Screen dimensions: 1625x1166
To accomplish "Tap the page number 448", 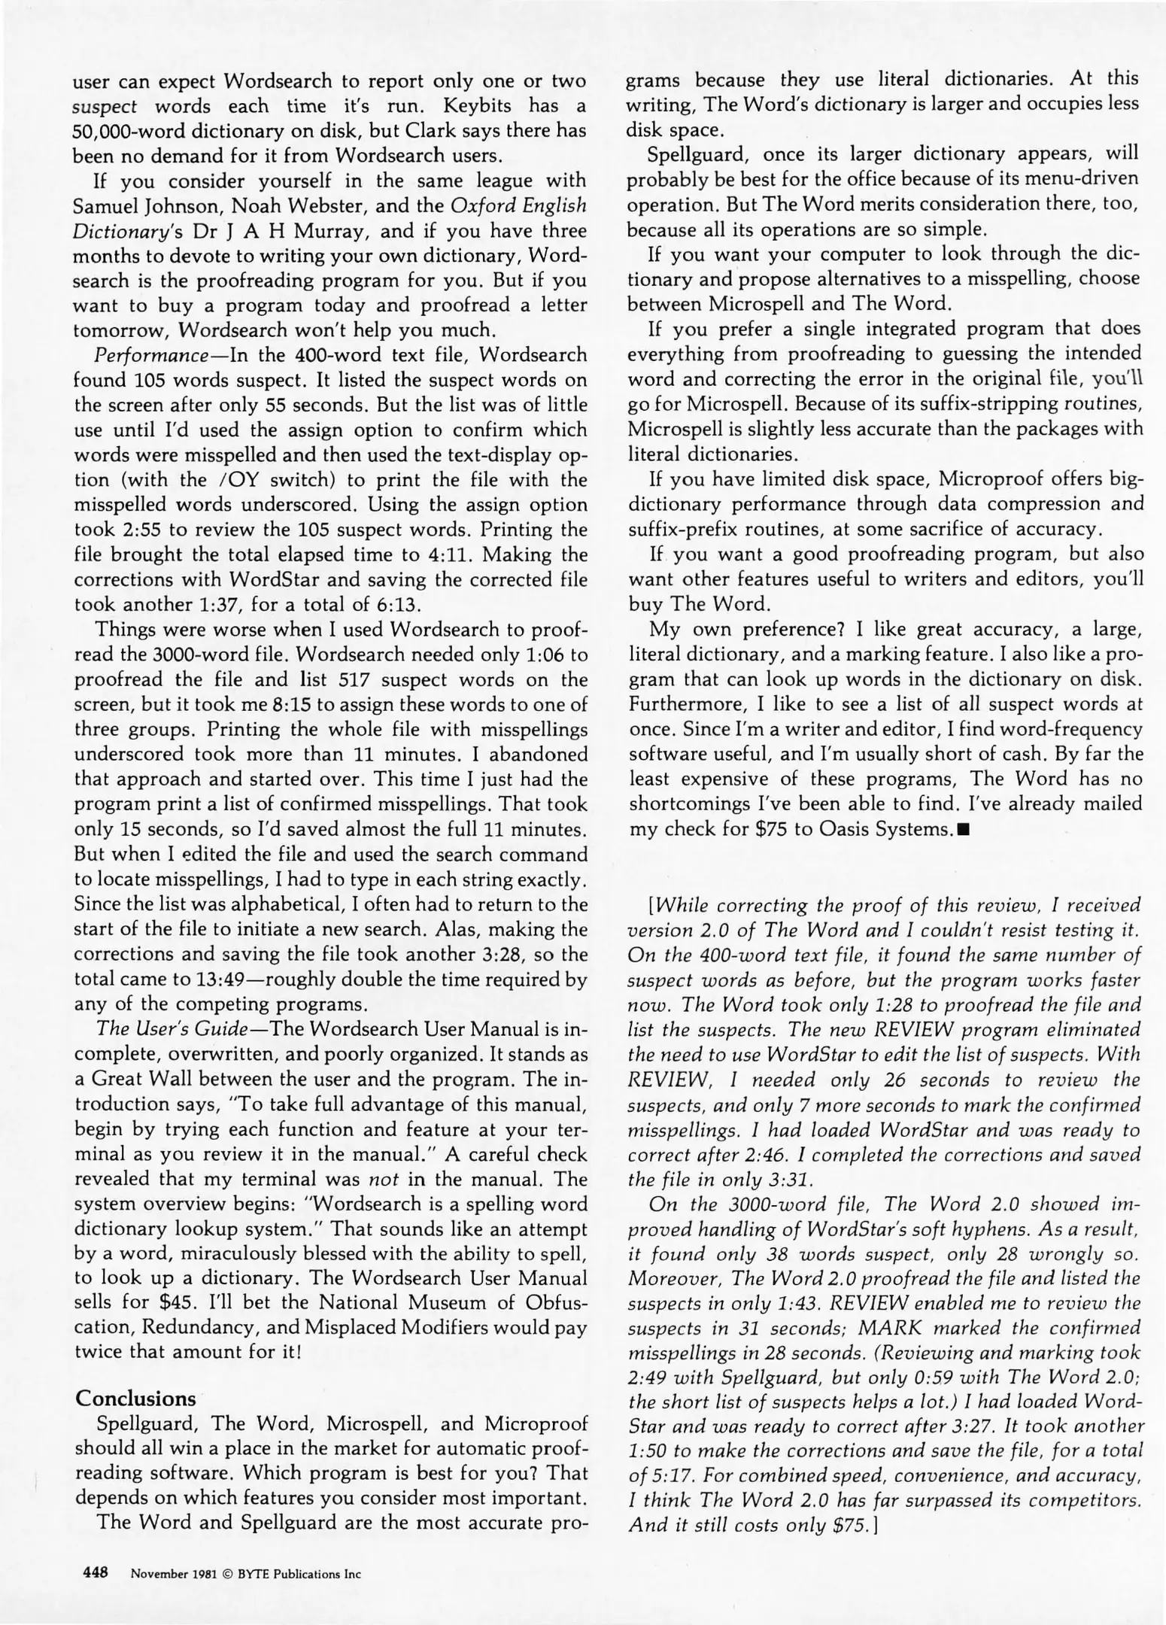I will (96, 1572).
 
